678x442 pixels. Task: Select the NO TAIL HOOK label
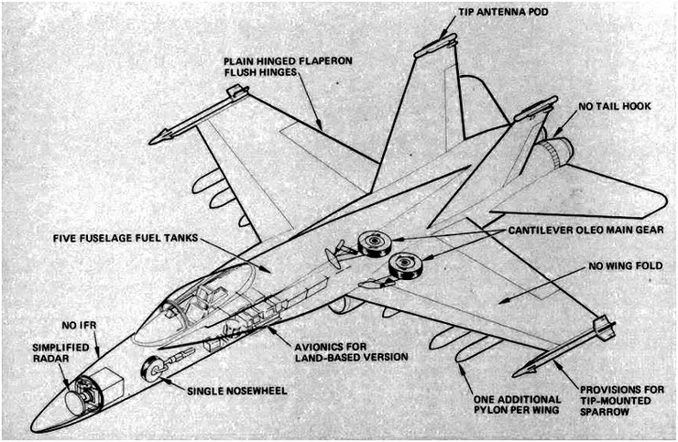[615, 106]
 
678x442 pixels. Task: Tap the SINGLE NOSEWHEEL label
[237, 391]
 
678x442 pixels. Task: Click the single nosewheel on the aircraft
[153, 371]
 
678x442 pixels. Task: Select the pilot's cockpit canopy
[197, 297]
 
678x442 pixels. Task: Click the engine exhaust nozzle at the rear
[558, 150]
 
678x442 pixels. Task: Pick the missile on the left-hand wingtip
[197, 113]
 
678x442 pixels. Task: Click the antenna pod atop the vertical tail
[435, 42]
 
